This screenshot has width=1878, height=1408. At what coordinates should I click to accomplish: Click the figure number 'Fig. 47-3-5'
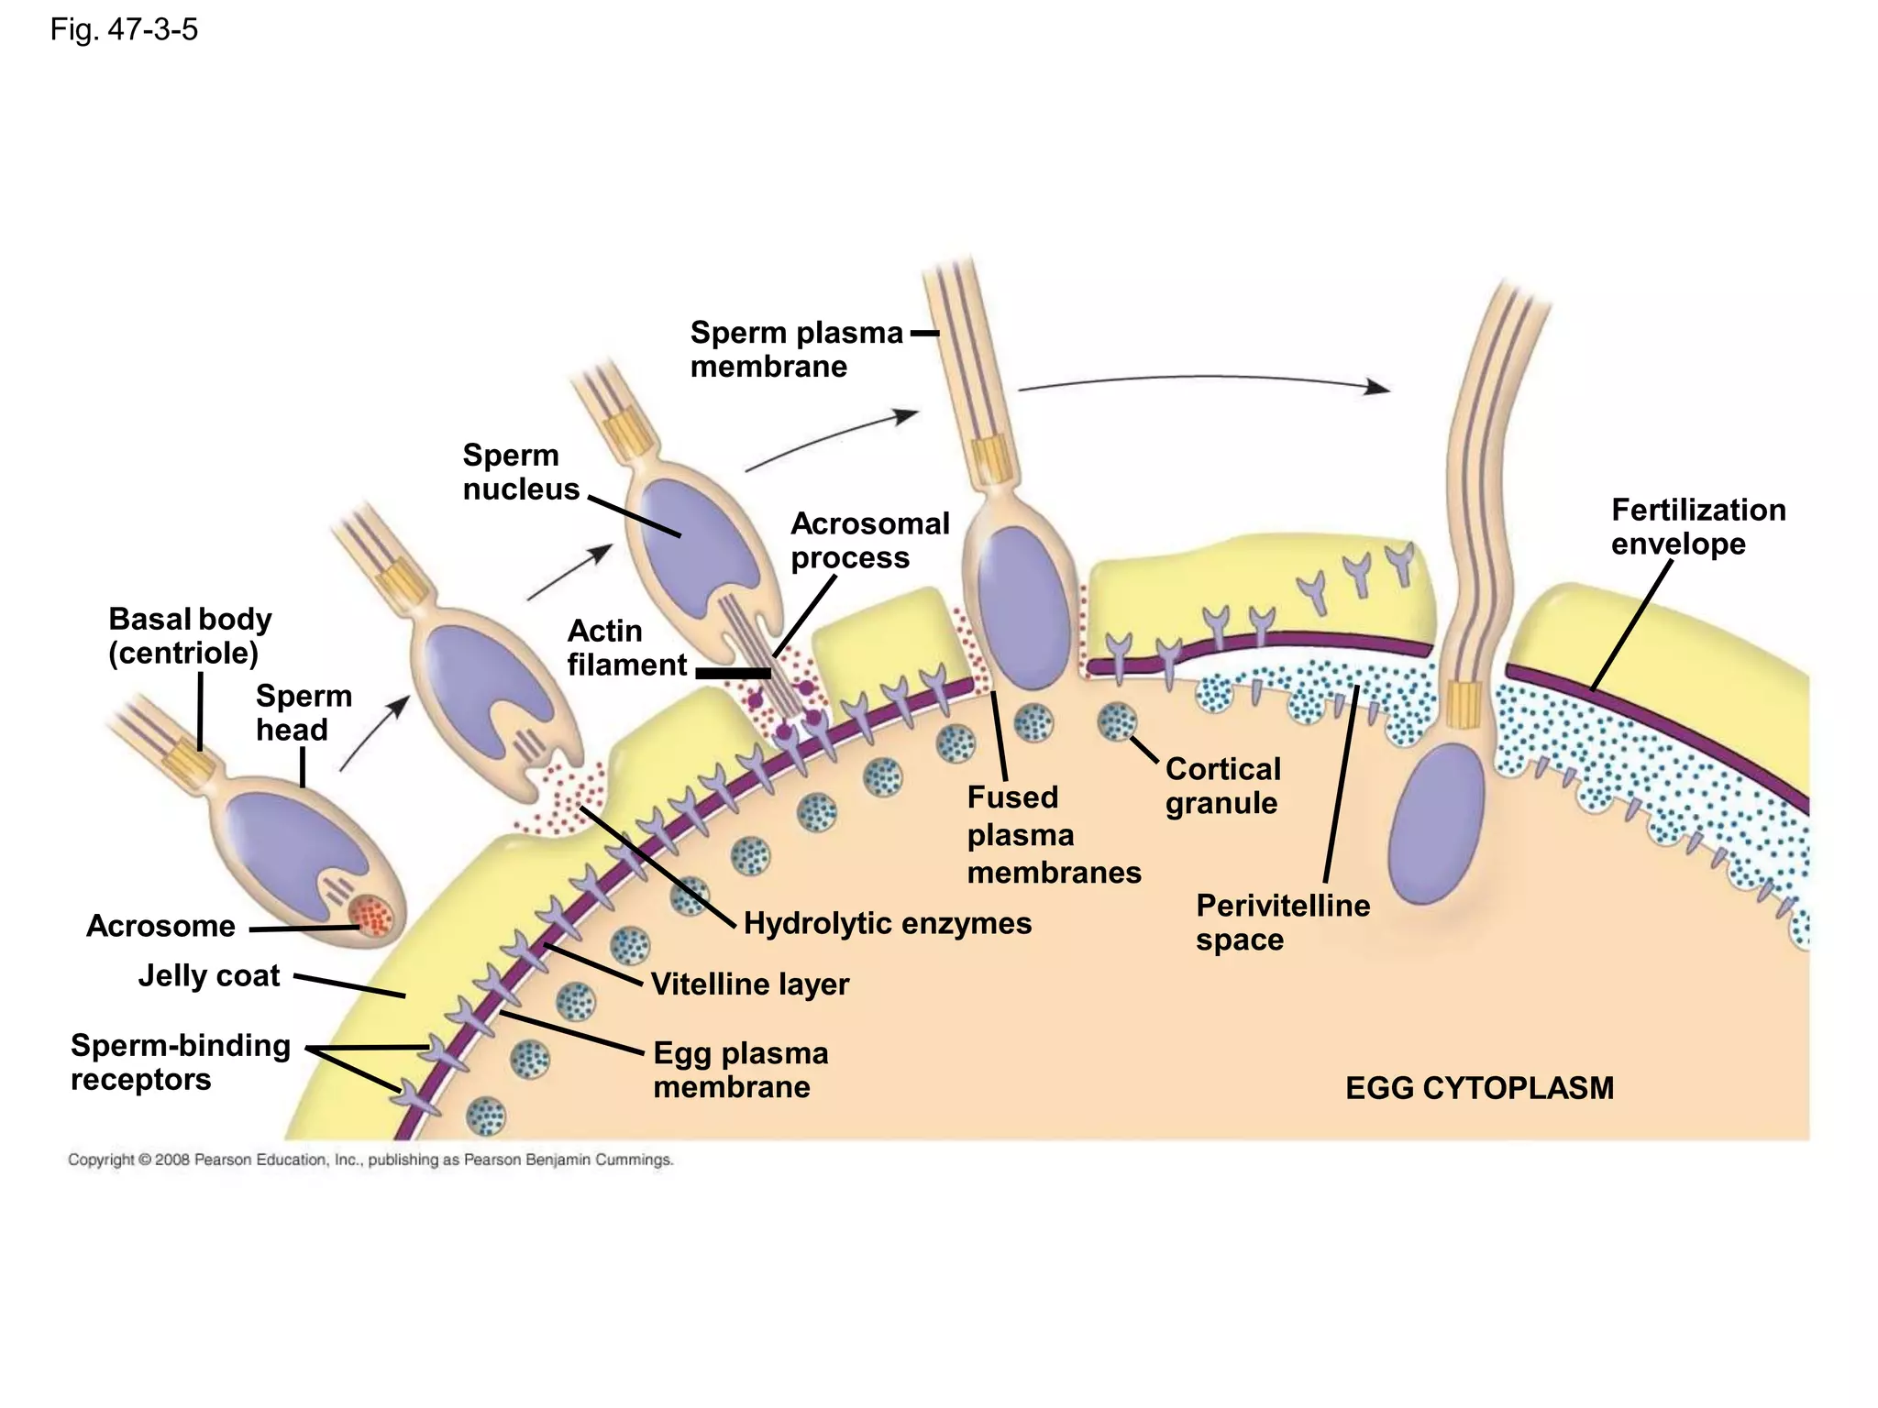[124, 30]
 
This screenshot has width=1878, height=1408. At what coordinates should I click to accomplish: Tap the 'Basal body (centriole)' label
[190, 636]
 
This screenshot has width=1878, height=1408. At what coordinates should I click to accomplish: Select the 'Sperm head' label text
[304, 712]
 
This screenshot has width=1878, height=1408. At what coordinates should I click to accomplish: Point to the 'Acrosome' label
[160, 926]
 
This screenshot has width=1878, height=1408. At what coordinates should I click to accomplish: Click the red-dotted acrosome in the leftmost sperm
[372, 914]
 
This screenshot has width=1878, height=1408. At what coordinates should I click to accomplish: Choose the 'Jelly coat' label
[209, 975]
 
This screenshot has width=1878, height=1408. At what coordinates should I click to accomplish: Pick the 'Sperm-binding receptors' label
[181, 1062]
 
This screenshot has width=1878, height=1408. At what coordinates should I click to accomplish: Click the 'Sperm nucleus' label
[520, 472]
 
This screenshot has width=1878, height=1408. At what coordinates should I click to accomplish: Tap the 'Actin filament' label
[626, 648]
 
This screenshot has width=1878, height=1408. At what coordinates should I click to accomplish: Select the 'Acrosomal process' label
[869, 541]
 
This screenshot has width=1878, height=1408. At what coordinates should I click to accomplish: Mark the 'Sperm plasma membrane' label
[796, 349]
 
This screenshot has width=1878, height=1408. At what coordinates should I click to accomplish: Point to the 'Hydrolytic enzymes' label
[887, 923]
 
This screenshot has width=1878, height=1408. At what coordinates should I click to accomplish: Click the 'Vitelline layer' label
[749, 984]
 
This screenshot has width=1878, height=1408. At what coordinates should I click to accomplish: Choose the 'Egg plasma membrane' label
[740, 1070]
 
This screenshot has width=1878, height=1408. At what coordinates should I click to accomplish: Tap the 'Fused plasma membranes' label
[1054, 835]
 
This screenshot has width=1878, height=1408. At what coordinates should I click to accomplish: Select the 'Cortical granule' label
[1222, 786]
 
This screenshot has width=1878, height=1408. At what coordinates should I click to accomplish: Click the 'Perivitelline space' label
[1282, 922]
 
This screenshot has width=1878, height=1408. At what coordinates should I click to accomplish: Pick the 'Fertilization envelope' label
[1697, 526]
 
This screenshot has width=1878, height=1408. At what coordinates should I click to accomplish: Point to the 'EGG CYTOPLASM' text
[1479, 1088]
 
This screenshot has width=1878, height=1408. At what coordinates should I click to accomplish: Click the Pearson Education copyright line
[370, 1160]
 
